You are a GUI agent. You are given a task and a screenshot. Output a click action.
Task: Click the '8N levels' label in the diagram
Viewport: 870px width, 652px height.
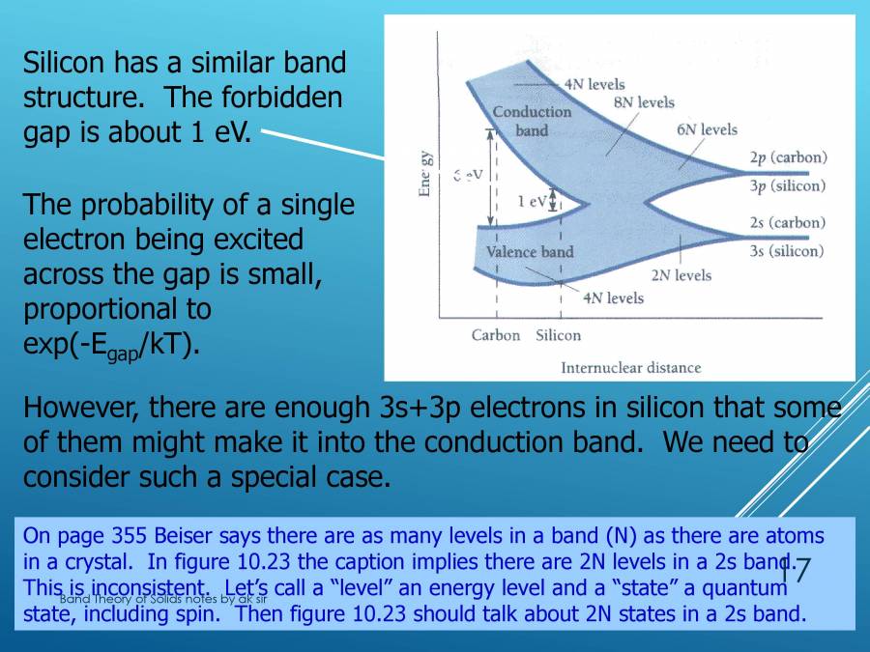point(644,102)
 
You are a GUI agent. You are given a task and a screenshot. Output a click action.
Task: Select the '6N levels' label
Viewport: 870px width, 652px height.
point(707,129)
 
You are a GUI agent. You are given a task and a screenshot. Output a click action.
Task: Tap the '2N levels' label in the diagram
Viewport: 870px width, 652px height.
point(681,275)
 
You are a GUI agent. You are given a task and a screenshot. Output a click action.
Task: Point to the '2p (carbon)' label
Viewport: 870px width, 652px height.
point(788,157)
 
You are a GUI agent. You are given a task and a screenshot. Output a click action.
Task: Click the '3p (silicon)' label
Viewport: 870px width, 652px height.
point(788,185)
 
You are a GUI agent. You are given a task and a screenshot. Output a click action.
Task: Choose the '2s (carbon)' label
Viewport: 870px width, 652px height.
point(788,223)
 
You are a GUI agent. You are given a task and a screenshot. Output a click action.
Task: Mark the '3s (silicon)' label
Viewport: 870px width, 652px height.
point(787,251)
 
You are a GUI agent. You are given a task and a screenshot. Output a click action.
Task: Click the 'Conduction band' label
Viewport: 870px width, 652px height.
point(532,121)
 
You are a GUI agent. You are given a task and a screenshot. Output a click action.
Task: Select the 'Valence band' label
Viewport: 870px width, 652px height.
point(530,252)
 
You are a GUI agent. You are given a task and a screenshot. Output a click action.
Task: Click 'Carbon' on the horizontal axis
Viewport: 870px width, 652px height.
point(496,335)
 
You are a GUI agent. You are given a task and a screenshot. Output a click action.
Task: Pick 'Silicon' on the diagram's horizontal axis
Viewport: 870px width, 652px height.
point(558,335)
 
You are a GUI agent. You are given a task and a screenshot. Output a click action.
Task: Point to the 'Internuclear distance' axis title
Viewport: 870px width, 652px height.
point(630,367)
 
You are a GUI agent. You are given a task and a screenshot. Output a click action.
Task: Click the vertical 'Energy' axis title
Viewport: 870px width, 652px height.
point(424,175)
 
